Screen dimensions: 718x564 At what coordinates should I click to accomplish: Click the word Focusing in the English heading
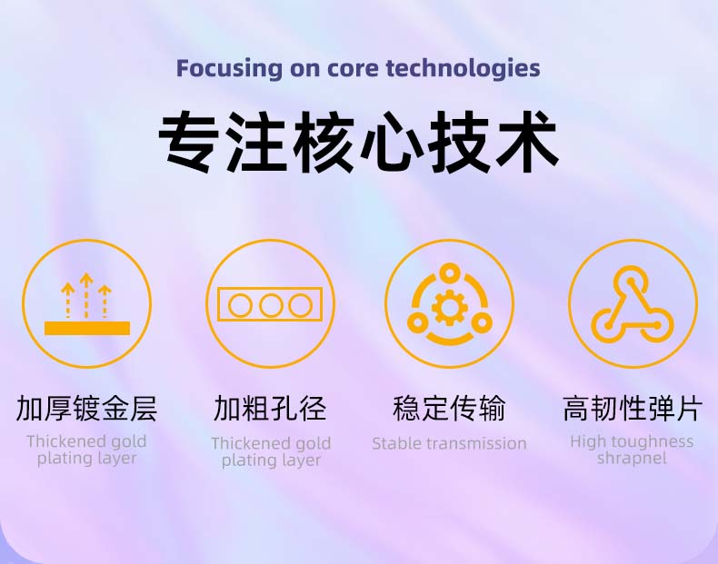point(229,69)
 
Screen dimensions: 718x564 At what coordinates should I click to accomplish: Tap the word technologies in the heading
point(463,69)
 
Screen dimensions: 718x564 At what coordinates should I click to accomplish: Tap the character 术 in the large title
point(526,142)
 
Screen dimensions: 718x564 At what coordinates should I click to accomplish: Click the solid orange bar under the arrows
point(87,328)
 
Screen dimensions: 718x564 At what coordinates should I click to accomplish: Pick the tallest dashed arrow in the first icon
point(86,295)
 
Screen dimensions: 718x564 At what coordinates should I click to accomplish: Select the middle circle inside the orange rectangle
point(271,305)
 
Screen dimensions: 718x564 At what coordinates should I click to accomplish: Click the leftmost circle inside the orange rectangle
point(240,305)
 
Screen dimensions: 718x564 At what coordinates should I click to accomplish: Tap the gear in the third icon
point(449,307)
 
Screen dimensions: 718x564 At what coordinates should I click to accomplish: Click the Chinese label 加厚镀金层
point(86,409)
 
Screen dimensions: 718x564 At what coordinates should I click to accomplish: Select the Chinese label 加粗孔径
point(270,409)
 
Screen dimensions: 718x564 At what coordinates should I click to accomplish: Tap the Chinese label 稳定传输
point(449,409)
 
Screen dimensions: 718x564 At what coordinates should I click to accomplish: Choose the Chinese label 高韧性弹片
point(633,409)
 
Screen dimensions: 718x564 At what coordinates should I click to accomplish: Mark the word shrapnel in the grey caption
point(632,459)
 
